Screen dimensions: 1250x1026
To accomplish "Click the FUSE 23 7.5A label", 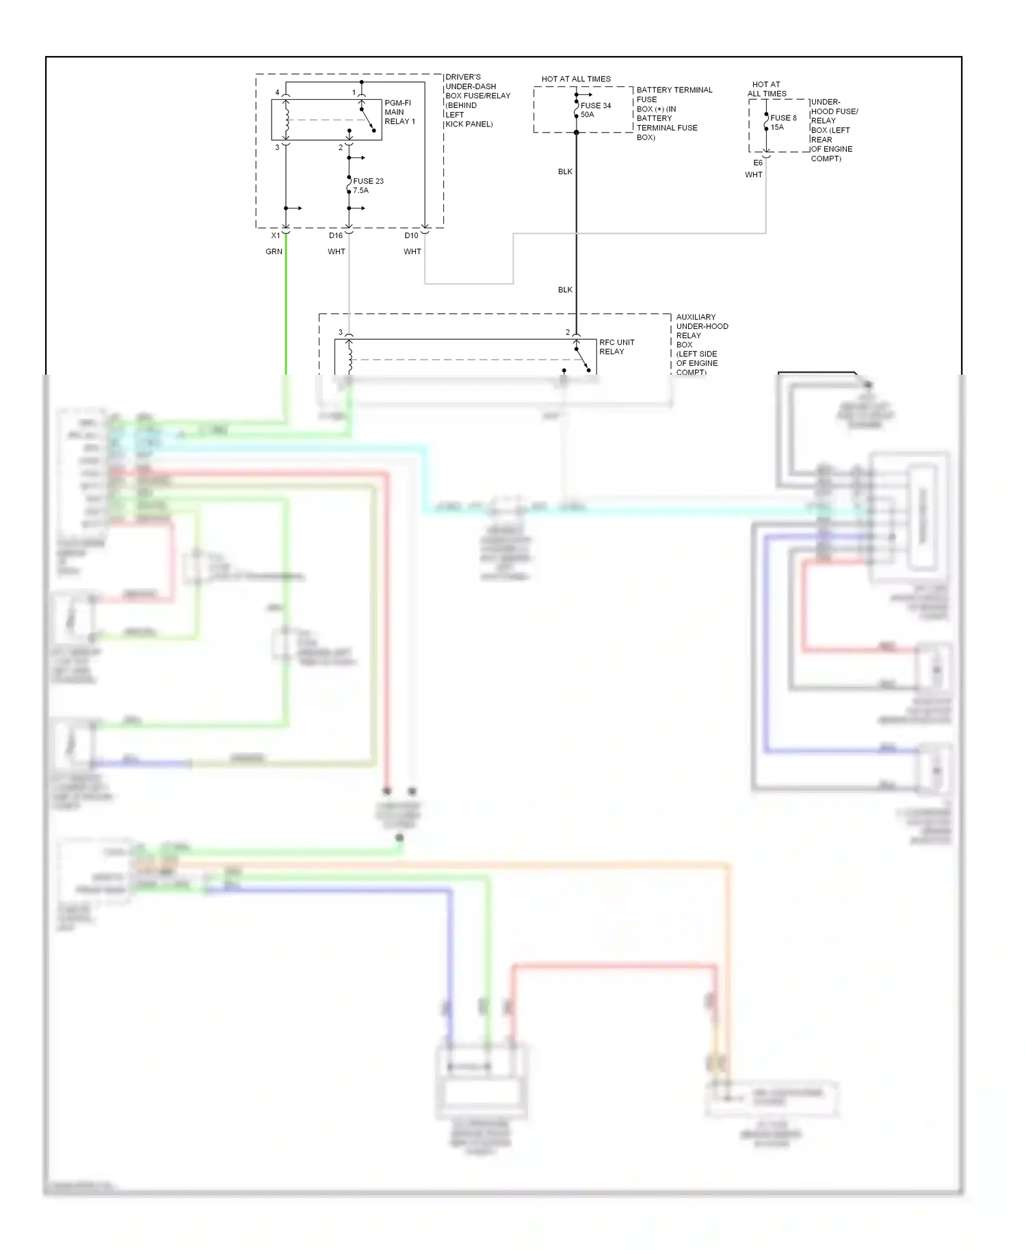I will click(x=368, y=186).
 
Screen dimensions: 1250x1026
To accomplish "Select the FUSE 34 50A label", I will click(x=595, y=110).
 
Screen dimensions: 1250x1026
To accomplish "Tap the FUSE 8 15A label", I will click(x=783, y=122).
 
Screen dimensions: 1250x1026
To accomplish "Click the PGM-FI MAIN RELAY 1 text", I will click(x=399, y=112).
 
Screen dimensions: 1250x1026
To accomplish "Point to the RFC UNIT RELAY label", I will click(x=616, y=347).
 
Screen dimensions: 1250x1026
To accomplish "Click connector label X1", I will click(x=276, y=235).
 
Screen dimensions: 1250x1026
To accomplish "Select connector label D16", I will click(x=335, y=235).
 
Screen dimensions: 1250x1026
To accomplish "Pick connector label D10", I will click(x=411, y=235).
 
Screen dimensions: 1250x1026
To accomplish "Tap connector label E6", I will click(x=758, y=163).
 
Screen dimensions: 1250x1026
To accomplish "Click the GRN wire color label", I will click(x=274, y=252).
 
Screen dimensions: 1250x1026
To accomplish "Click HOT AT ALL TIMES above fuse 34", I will click(x=576, y=79).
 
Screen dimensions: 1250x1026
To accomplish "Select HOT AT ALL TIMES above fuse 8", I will click(x=767, y=89).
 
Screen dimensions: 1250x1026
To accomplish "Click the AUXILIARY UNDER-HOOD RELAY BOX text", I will click(x=701, y=345).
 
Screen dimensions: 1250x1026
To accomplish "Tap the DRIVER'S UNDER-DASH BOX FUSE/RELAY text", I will click(x=477, y=101).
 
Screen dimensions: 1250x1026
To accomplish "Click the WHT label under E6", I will click(x=753, y=175).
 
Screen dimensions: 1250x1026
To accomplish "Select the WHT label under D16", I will click(x=336, y=252).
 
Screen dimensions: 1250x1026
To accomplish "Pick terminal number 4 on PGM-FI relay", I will click(x=277, y=92).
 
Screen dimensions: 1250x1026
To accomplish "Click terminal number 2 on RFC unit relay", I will click(x=567, y=332).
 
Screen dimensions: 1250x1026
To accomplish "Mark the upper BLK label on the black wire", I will click(x=565, y=172).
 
